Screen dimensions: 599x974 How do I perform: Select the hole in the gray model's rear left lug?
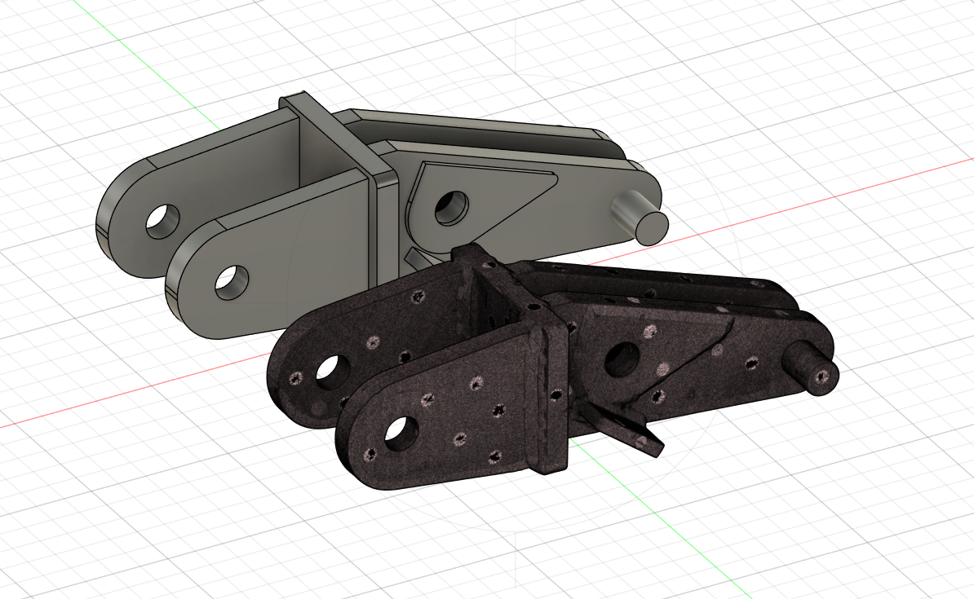[163, 220]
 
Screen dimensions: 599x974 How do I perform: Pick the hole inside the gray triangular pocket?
[450, 208]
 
